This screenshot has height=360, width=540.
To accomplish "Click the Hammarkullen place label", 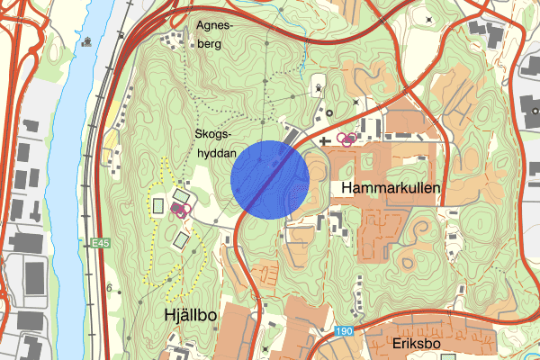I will (x=390, y=188).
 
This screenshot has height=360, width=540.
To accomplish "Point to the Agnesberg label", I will (x=213, y=35).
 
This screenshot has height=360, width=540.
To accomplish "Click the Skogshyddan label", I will (x=216, y=142).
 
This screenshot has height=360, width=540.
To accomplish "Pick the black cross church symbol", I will (x=325, y=140).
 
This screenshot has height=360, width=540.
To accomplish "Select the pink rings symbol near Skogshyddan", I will (x=179, y=211).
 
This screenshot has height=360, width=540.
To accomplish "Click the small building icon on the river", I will (x=88, y=40).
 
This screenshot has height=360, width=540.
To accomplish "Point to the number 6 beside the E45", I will (x=108, y=289).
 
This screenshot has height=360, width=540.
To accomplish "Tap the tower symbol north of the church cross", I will (x=319, y=88).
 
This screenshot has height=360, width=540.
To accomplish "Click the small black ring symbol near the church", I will (x=329, y=112).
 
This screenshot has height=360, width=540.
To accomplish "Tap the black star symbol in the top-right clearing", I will (x=428, y=19).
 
